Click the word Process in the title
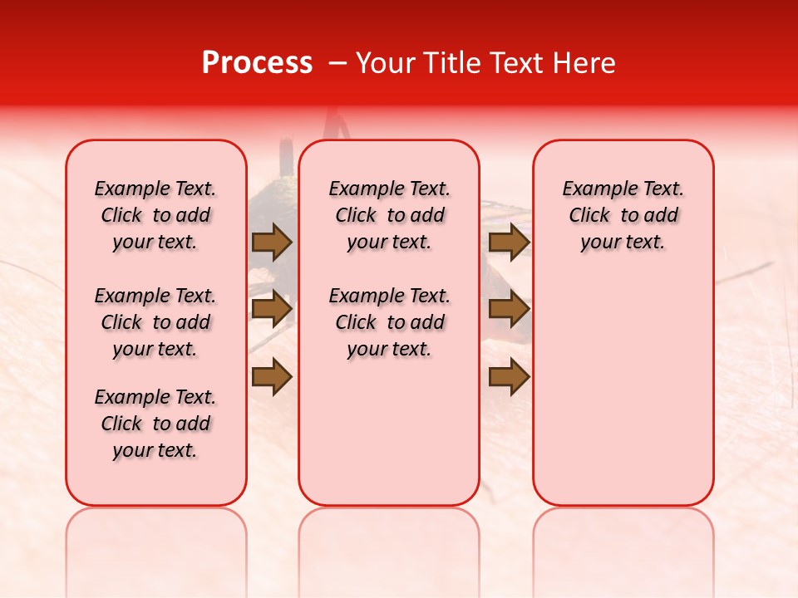coord(257,63)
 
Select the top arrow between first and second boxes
coord(272,242)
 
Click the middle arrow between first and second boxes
coord(272,309)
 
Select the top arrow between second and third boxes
coord(509,242)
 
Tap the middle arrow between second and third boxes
coord(509,309)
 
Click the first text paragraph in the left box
coord(155,215)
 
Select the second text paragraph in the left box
coord(155,322)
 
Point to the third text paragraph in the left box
coord(155,424)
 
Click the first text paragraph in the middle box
coord(389,215)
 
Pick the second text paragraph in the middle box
coord(389,322)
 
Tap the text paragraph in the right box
coord(623,215)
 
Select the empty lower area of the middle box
coord(389,432)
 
